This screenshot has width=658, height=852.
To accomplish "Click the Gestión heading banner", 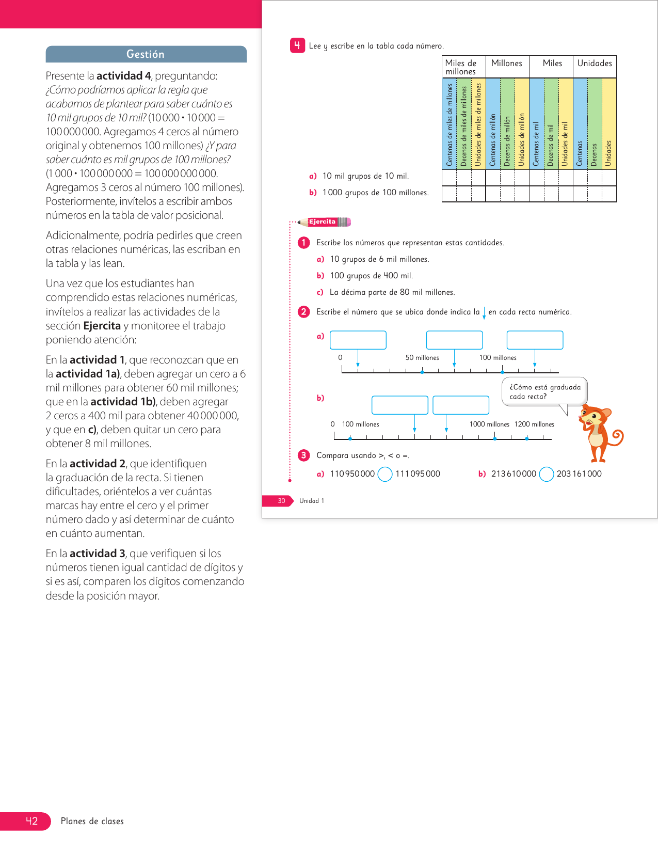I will (x=146, y=54).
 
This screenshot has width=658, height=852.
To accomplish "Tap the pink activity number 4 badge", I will (x=297, y=45).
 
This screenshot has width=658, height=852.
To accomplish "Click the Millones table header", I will (x=507, y=64).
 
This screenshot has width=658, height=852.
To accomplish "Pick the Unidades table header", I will (x=595, y=64).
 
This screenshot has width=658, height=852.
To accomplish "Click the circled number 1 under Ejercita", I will (x=304, y=243).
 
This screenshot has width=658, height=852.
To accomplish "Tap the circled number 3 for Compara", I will (x=304, y=455).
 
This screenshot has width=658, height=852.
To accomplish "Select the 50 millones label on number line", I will (x=422, y=358).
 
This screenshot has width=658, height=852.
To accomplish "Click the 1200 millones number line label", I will (x=534, y=424).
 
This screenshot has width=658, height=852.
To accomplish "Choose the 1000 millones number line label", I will (x=489, y=424).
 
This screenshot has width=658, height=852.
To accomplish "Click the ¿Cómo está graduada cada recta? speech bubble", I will (x=544, y=392).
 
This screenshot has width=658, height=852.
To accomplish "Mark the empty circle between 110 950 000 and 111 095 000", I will (x=385, y=474).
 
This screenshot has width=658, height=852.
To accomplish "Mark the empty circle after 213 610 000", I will (x=547, y=474).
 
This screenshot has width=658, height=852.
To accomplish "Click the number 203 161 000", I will (x=579, y=474).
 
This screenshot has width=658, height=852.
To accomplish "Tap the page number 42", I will (x=31, y=821).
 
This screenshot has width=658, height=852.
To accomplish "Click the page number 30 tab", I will (x=281, y=501).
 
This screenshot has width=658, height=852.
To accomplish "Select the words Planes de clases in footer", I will (x=92, y=822).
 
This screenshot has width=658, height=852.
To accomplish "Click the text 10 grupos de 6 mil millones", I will (x=379, y=259).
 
